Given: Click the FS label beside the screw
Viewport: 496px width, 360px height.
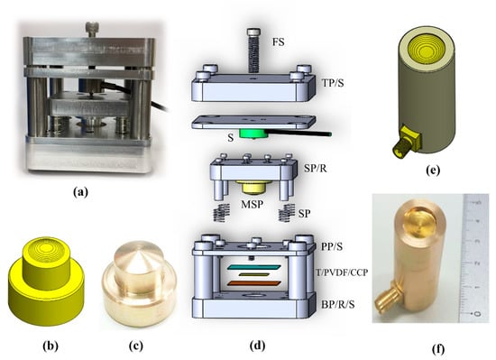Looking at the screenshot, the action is coord(279,42).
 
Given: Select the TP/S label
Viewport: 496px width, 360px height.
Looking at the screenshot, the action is coord(333,83).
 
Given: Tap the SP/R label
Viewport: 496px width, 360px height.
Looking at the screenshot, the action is coord(316,169).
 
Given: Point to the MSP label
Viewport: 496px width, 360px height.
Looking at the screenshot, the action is coord(252,204).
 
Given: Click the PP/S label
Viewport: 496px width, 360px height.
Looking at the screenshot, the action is coord(332,246).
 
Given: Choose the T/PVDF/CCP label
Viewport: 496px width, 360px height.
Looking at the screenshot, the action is coord(342,272).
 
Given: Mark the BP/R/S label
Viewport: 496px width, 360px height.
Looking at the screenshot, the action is coord(337,304).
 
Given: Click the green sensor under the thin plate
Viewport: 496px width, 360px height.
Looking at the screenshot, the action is coord(253,134).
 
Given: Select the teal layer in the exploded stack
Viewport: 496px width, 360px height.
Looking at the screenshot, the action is coord(253,268).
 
